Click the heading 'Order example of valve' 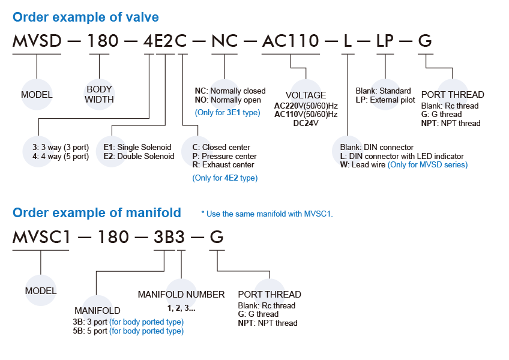pos(86,17)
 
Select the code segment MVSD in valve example pos(37,41)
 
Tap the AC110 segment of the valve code pos(291,41)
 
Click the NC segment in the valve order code pos(224,41)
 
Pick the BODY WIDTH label pos(99,94)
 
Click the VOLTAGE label pos(306,95)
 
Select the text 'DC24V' pos(306,123)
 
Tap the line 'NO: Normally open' pos(228,100)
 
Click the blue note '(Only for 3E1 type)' pos(227,112)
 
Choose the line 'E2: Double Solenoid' pos(139,156)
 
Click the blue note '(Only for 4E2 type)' pos(224,178)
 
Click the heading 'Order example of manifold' pos(97,212)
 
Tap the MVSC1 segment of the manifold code pos(42,237)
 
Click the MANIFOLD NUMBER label pos(181,295)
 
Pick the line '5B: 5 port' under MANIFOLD pos(128,331)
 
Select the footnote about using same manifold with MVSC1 pos(267,214)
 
